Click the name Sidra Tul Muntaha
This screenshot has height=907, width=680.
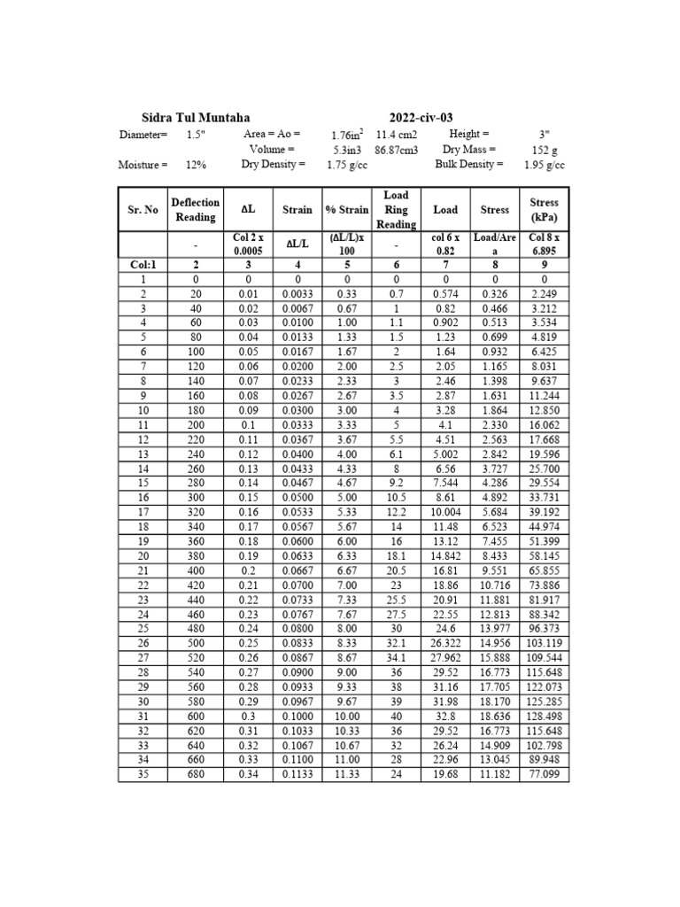[x=196, y=118]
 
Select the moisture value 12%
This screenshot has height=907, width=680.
[x=196, y=165]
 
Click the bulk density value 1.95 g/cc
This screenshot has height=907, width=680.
[x=544, y=165]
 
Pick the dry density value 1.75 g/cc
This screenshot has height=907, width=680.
[x=347, y=165]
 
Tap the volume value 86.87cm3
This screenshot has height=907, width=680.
[x=397, y=150]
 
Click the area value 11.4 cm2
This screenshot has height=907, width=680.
[x=397, y=135]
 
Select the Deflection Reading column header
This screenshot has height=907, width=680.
[x=195, y=210]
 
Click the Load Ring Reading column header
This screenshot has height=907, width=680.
[x=396, y=210]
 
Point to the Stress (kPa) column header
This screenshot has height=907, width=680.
[x=544, y=210]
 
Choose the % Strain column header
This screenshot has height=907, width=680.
[x=347, y=210]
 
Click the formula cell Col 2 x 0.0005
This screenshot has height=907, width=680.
[x=248, y=244]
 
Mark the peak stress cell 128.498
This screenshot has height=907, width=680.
[x=544, y=716]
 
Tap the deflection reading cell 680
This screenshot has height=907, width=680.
[x=195, y=776]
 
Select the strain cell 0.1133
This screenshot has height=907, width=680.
[x=297, y=776]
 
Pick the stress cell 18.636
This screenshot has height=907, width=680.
[x=495, y=716]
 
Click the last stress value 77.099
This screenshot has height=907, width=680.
[x=544, y=776]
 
